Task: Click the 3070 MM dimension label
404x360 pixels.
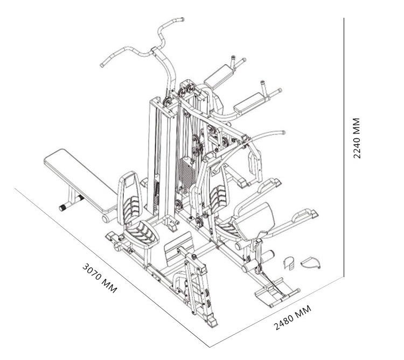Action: point(100,278)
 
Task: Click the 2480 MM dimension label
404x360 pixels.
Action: point(292,317)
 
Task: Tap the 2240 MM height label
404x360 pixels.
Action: point(357,138)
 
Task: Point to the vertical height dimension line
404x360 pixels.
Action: point(344,147)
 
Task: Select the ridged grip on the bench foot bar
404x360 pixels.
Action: point(63,207)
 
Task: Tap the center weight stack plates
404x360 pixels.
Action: point(187,172)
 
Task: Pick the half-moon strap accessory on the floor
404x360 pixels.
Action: point(311,263)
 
